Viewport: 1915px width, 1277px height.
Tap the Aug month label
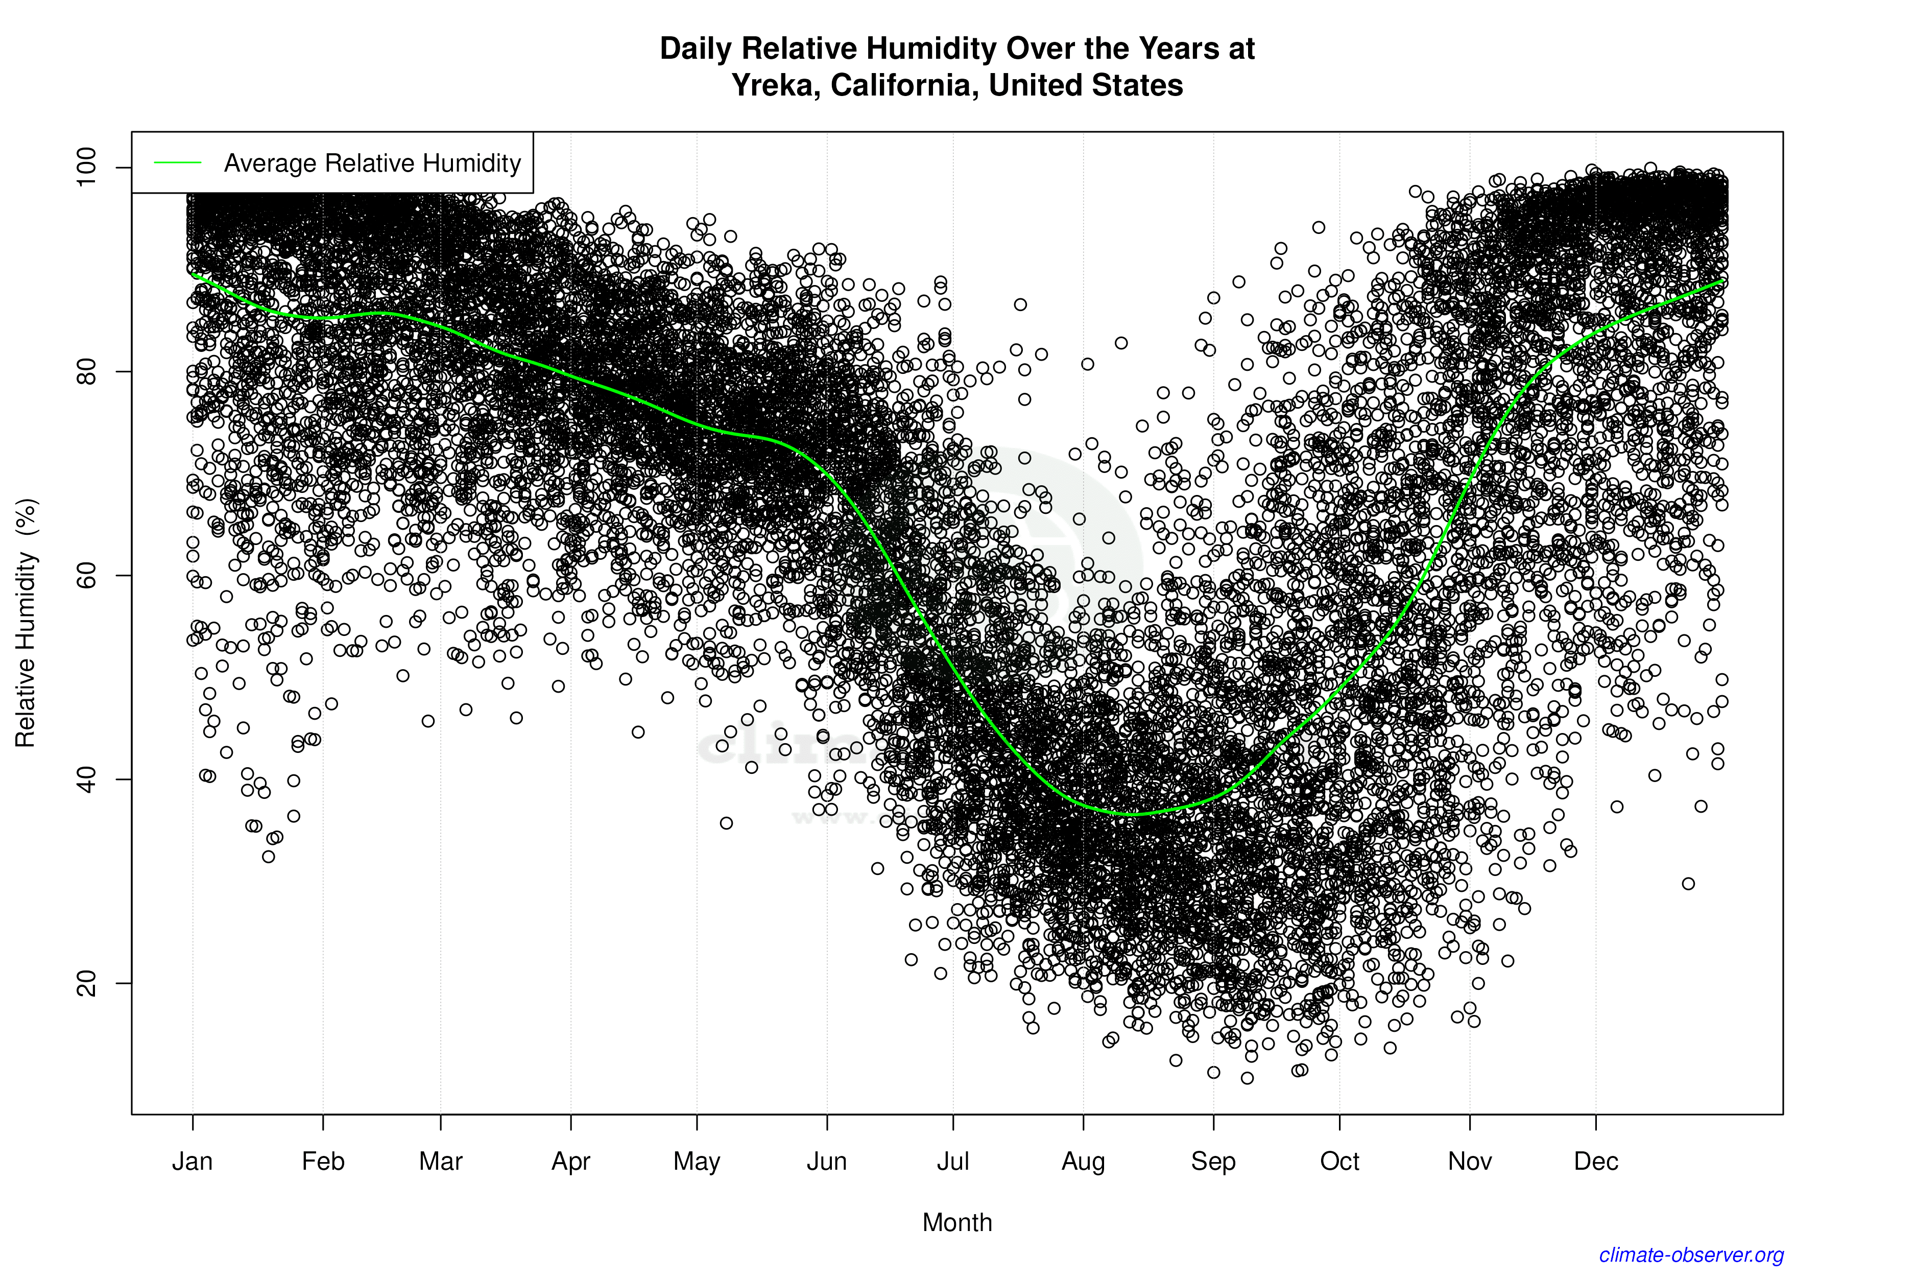(1083, 1162)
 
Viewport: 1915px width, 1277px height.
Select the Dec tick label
(1596, 1162)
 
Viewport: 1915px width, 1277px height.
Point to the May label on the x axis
(697, 1162)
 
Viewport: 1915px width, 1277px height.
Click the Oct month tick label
(1339, 1162)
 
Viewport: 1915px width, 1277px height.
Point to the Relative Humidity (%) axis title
(26, 623)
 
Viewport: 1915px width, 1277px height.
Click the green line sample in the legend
(178, 163)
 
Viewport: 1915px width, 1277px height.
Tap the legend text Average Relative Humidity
(372, 163)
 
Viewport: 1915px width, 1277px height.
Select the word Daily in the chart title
(696, 48)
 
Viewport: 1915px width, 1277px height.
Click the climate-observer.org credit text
(1691, 1255)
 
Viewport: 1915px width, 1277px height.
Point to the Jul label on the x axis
(952, 1162)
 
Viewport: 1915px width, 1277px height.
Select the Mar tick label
(441, 1162)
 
